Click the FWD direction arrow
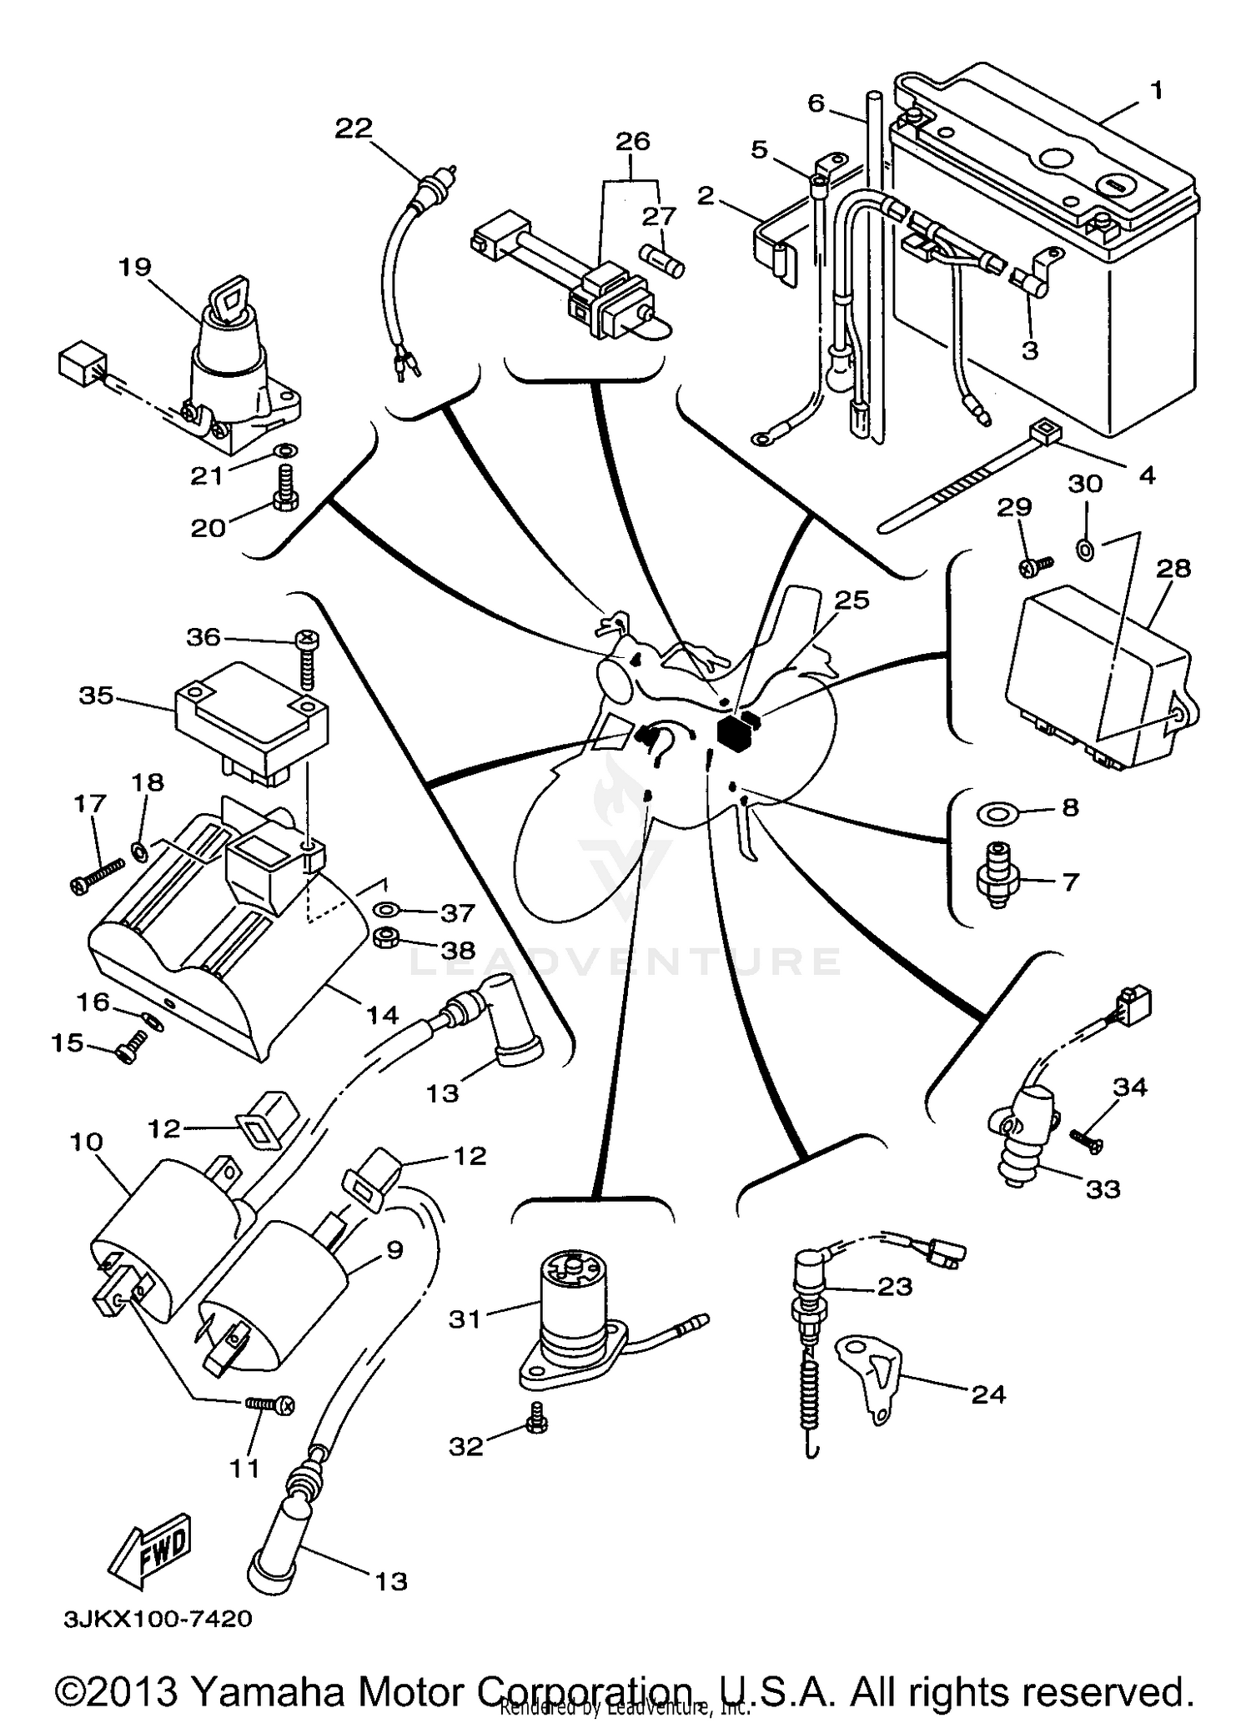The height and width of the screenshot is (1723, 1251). click(152, 1549)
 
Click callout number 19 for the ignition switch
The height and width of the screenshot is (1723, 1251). click(135, 267)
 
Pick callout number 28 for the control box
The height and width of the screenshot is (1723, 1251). click(1173, 569)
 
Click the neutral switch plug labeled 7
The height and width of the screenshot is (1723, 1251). click(996, 877)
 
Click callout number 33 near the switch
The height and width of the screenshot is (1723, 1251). click(1103, 1188)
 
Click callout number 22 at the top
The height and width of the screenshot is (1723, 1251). click(354, 128)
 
